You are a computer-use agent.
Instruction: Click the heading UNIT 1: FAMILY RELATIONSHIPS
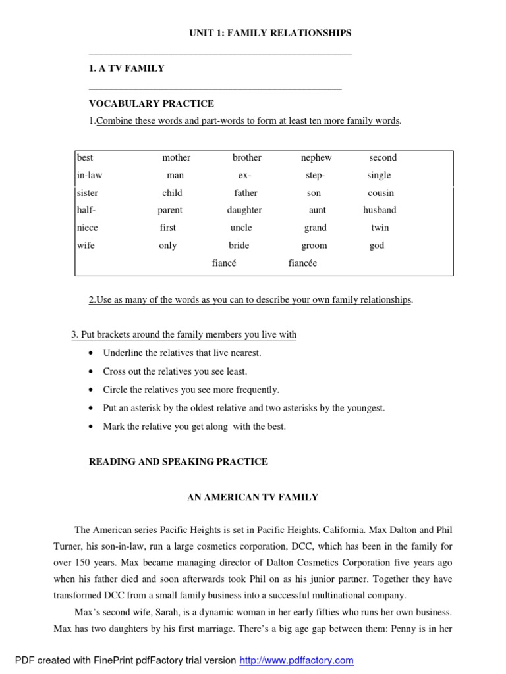[x=262, y=32]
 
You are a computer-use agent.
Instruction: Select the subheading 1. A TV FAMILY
[x=126, y=68]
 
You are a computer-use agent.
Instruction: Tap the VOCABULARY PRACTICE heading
[x=152, y=103]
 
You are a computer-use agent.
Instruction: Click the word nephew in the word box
[x=316, y=158]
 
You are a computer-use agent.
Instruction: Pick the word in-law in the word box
[x=90, y=176]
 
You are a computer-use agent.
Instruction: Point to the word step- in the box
[x=315, y=176]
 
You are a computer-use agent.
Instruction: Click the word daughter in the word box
[x=244, y=210]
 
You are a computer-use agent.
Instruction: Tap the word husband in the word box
[x=379, y=210]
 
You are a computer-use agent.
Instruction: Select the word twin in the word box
[x=380, y=228]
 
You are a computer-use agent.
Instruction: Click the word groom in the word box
[x=314, y=246]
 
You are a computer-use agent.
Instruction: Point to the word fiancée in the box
[x=302, y=263]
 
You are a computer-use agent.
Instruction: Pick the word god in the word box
[x=377, y=246]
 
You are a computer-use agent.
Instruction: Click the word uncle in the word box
[x=241, y=228]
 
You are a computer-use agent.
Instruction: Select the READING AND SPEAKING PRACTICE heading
[x=179, y=461]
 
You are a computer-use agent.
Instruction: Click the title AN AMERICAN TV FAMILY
[x=253, y=497]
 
